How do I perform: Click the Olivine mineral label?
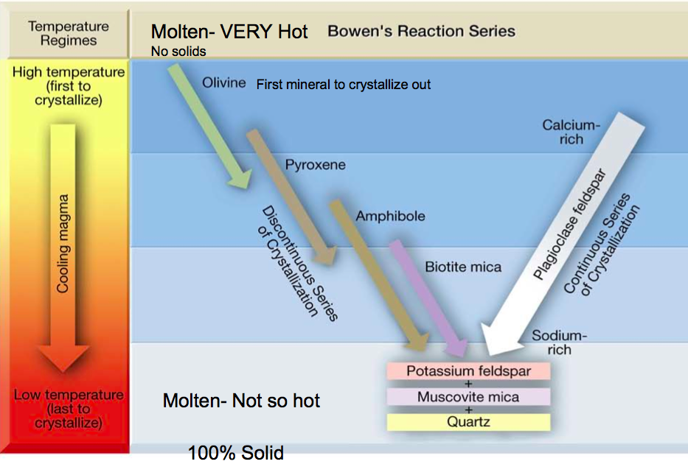pos(224,82)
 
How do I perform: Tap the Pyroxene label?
pos(316,165)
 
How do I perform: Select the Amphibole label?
pos(390,217)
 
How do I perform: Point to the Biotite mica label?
pos(463,267)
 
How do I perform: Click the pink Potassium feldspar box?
pos(468,371)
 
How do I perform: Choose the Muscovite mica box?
pos(468,397)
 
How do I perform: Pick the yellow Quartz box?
pos(468,422)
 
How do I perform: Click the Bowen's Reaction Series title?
pos(421,32)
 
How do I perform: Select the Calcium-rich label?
pos(571,132)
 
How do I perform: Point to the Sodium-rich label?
pos(559,342)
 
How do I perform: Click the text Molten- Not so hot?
pos(241,401)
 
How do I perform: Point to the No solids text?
pos(178,52)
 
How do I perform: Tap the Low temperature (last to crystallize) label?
pos(68,409)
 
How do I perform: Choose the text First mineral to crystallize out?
pos(344,85)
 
